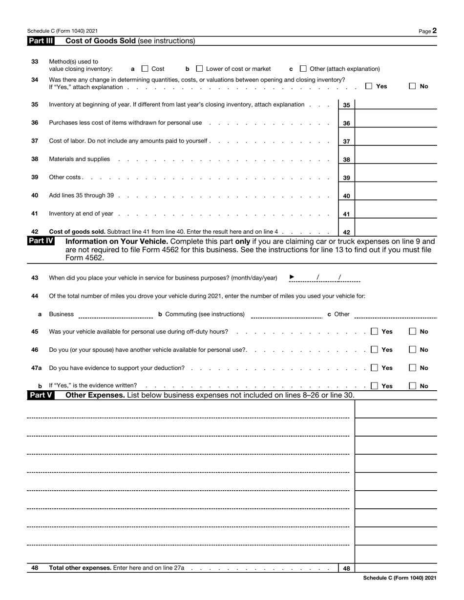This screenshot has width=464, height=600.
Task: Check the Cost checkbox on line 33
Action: pos(145,69)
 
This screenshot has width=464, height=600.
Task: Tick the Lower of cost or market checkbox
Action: pos(199,69)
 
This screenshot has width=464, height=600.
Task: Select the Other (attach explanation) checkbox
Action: pos(303,69)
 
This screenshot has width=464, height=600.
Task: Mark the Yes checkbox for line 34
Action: pos(369,86)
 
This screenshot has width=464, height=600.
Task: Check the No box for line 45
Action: pos(413,332)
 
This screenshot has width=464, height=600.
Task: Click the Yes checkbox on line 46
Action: pos(375,350)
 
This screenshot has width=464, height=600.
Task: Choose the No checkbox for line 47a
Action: pos(413,368)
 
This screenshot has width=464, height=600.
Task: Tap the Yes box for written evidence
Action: pos(375,386)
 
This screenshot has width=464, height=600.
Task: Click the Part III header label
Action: pos(41,41)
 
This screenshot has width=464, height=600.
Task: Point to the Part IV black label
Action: pos(41,241)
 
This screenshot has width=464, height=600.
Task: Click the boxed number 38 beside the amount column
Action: pos(346,160)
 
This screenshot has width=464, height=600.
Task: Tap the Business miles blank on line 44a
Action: pos(116,315)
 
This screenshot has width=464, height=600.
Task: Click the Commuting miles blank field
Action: pos(286,315)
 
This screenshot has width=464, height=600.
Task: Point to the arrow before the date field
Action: pos(292,277)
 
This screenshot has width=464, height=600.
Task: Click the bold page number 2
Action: pos(434,31)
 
